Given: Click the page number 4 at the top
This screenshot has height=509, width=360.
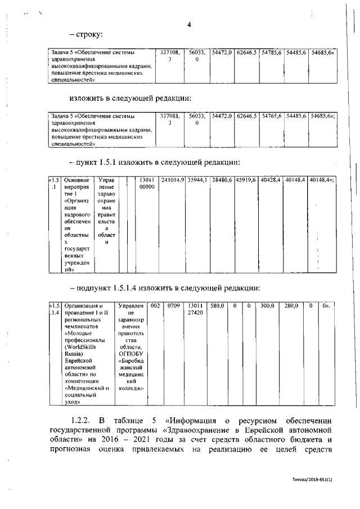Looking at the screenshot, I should click(190, 24).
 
